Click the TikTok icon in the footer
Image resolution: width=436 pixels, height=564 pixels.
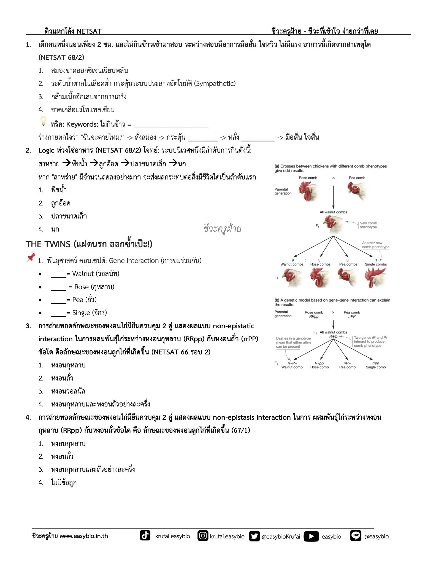pos(145,536)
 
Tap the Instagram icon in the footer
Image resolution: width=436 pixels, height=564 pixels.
pos(203,536)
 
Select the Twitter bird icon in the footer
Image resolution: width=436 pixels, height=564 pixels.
pos(254,536)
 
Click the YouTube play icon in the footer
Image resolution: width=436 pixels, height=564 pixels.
pos(311,536)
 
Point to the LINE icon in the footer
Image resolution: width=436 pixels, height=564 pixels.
pos(356,536)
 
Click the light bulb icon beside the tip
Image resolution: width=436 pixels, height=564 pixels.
pos(44,121)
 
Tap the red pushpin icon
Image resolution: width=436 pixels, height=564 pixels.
pos(31,257)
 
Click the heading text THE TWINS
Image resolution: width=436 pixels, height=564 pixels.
pos(48,244)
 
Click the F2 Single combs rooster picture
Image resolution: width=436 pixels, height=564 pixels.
pos(375,277)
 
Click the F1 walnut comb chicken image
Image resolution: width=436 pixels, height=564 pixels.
pos(333,224)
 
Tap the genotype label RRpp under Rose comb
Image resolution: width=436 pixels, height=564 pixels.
pos(314,316)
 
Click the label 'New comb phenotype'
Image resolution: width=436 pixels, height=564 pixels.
pos(368,225)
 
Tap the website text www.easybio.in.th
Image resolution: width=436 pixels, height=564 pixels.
pos(84,536)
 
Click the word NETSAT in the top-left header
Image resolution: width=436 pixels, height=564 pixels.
pos(89,31)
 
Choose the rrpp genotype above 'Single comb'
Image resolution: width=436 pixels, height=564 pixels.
pos(376,363)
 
